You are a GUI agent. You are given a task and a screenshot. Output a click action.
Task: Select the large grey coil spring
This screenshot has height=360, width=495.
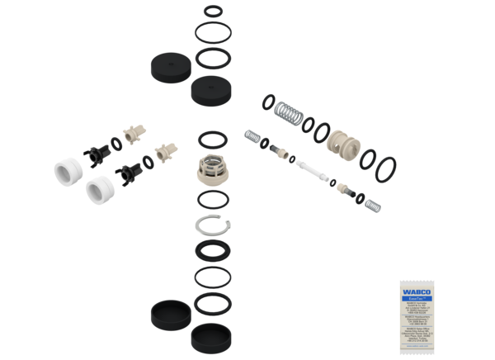tap(290, 111)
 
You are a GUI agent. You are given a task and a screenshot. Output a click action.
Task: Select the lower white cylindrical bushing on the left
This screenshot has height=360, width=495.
tap(98, 191)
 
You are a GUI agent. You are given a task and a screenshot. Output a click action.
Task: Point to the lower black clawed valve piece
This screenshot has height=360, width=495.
tap(129, 171)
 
